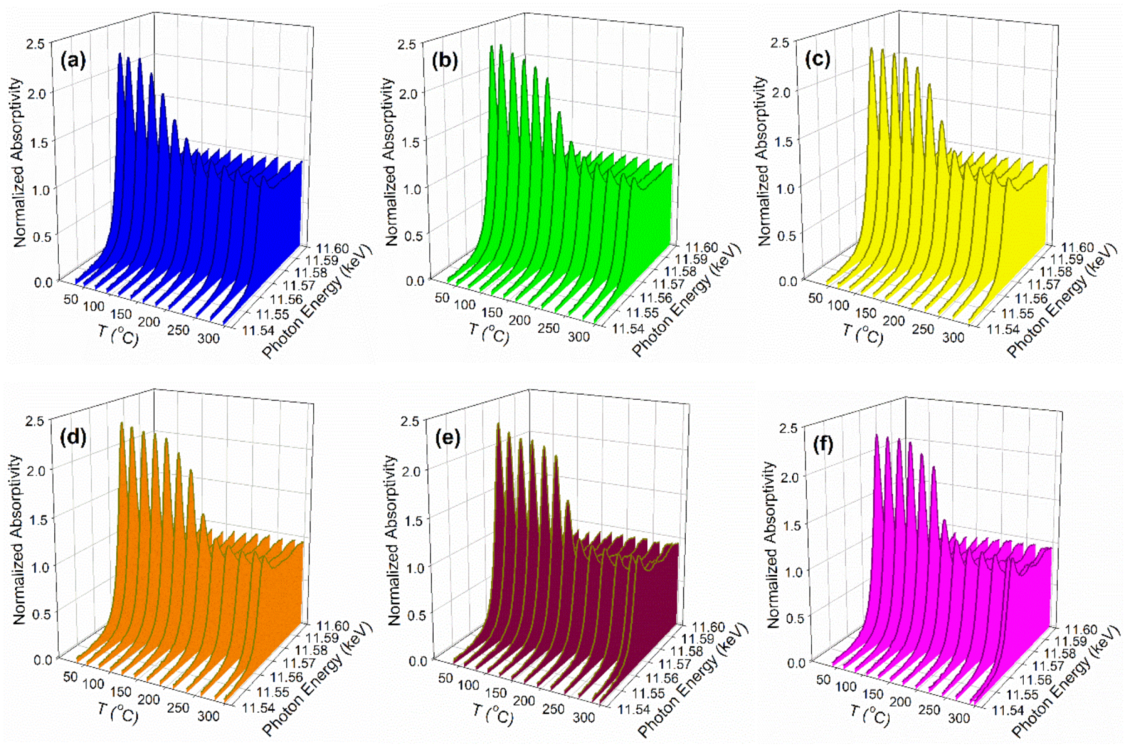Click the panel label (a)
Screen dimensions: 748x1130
[74, 60]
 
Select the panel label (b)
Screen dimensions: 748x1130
[445, 60]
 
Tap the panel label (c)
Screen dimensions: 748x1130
[818, 59]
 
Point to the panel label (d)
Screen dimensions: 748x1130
[74, 437]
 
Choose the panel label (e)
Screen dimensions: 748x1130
[447, 437]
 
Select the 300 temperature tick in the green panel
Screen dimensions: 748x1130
[578, 336]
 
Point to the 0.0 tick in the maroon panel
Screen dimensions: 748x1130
[418, 661]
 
